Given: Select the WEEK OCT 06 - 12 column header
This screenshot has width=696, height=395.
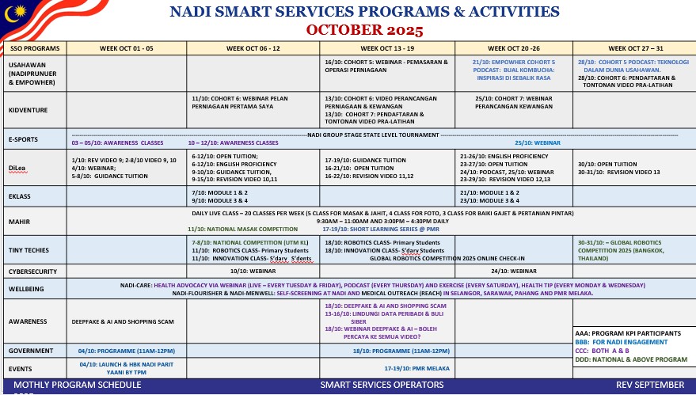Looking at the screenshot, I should (x=253, y=48).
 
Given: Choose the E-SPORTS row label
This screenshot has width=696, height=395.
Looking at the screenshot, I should (x=24, y=139).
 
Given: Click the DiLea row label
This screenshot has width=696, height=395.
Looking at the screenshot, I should (x=17, y=167).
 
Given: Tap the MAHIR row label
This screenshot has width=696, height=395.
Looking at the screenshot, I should (x=20, y=221).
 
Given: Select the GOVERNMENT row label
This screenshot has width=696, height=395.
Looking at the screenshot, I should (x=31, y=350).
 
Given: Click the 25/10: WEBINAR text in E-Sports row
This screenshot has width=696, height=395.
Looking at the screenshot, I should (x=538, y=142).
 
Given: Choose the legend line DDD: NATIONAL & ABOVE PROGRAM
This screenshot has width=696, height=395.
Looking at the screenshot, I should (x=632, y=360).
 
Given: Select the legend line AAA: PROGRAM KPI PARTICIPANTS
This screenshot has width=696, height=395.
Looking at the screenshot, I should (x=628, y=332).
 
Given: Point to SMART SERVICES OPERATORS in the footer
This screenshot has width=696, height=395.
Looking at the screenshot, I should (x=382, y=385).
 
